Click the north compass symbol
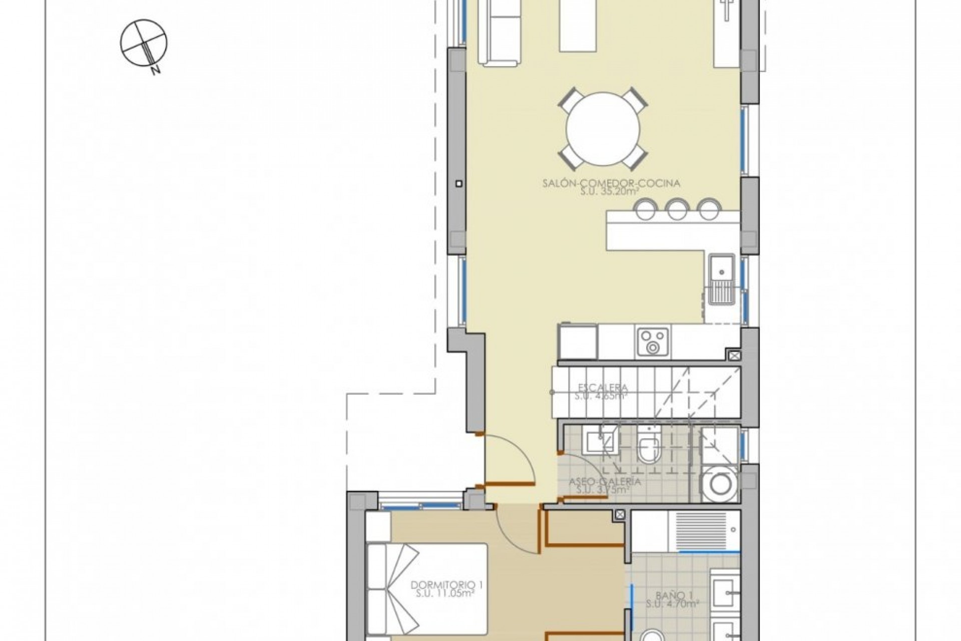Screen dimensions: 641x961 tap(144, 43)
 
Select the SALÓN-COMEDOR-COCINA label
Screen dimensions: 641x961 tap(611, 183)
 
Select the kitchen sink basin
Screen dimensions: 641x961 tap(721, 270)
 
